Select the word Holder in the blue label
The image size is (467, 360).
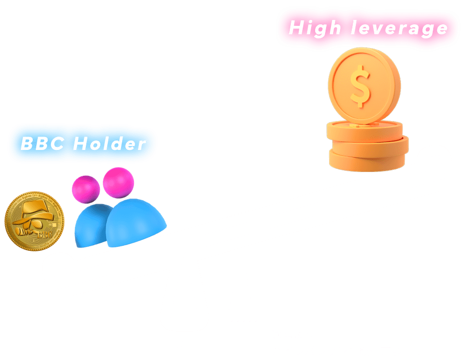click(110, 144)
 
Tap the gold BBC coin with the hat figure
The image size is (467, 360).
click(33, 222)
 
